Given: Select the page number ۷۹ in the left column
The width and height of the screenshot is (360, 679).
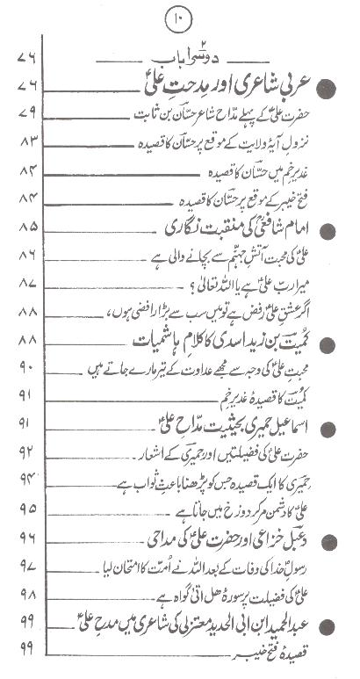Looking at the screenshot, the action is (x=25, y=115).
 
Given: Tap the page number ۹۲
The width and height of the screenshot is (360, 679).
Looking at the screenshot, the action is (x=25, y=456).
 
